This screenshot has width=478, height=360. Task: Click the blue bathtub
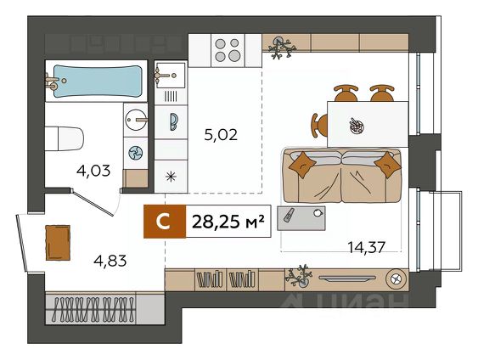[x=97, y=81]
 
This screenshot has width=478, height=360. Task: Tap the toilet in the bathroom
[x=64, y=138]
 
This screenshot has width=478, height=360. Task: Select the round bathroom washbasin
[x=136, y=120]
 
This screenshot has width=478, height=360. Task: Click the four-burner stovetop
[x=228, y=50]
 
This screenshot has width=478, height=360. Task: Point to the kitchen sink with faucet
[x=170, y=76]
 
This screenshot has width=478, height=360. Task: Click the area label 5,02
[x=221, y=135]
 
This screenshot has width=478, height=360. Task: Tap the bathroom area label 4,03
[x=93, y=171]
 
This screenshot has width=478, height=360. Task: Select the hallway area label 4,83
[x=110, y=261]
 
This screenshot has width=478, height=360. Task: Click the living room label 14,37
[x=367, y=247]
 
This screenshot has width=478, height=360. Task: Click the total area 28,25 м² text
[x=228, y=222]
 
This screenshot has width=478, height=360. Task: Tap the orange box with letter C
[x=165, y=222]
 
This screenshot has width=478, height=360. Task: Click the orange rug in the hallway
[x=58, y=243]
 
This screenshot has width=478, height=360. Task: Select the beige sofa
[x=342, y=176]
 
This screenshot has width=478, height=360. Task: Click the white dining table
[x=368, y=124]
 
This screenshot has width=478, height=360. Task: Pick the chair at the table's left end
[x=319, y=126]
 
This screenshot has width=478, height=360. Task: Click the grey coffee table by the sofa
[x=301, y=218]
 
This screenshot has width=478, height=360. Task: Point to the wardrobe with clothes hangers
[x=90, y=309]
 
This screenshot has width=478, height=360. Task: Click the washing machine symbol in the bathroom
[x=136, y=153]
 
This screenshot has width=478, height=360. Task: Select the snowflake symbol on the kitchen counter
[x=171, y=177]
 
